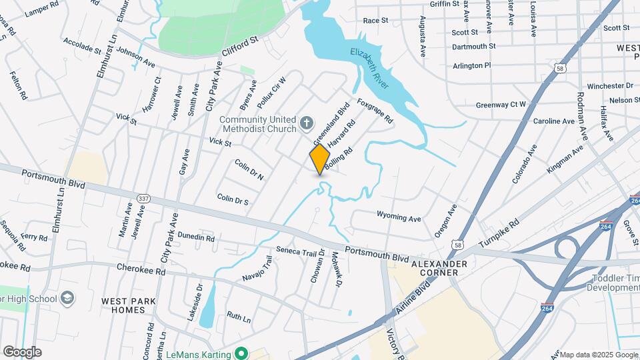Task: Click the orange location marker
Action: point(320,159)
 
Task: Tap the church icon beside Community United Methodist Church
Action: point(306,122)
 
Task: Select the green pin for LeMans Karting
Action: point(245,353)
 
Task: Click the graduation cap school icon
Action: point(67,298)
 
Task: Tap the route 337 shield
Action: point(143,199)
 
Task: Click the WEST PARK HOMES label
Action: point(123,305)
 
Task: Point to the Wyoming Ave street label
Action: point(399,217)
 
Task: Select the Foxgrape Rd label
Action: point(375,111)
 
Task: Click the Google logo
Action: point(22,351)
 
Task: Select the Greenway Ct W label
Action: point(501,105)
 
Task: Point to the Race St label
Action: point(375,21)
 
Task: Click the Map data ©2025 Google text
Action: point(598,354)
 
